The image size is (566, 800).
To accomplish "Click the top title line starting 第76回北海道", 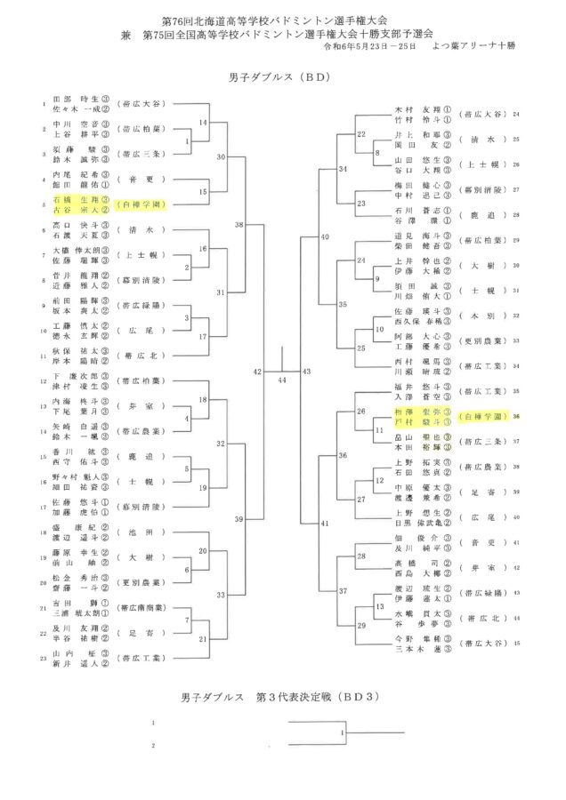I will [282, 18].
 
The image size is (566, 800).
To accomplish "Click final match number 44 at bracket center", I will [282, 380].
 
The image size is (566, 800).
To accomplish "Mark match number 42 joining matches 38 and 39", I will [258, 370].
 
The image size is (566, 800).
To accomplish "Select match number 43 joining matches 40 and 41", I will [307, 370].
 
